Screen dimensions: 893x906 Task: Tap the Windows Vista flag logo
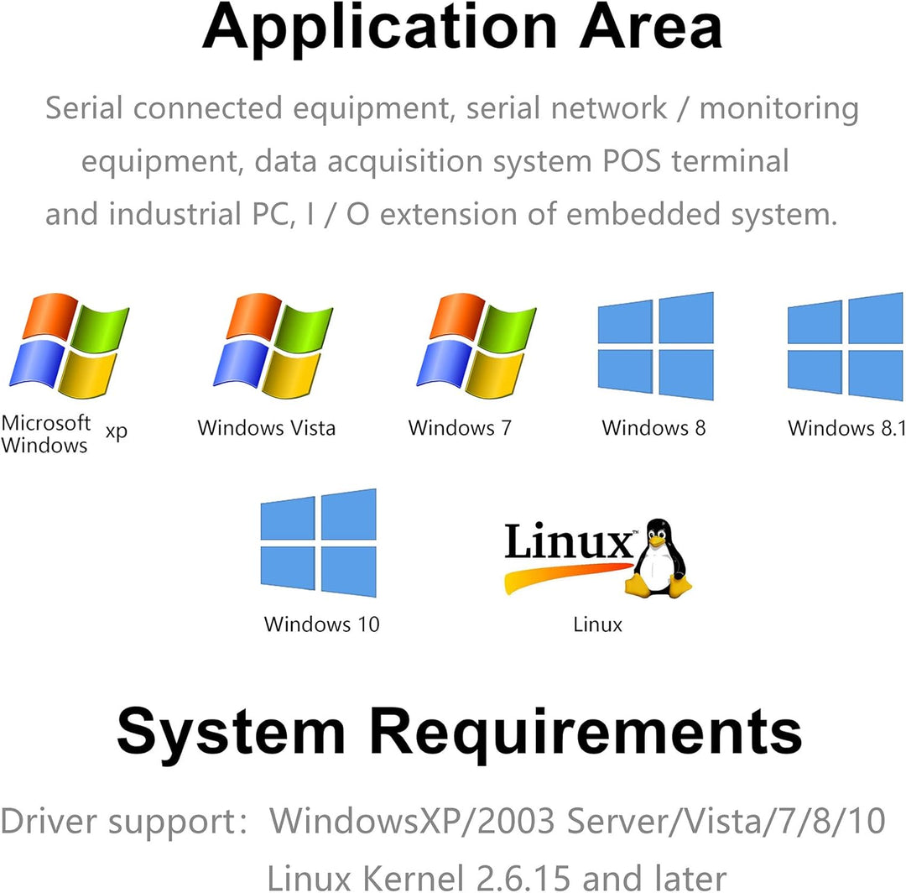(x=273, y=345)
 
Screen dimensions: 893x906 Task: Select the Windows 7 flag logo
(x=476, y=345)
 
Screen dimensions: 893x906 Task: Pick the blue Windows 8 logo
(x=655, y=346)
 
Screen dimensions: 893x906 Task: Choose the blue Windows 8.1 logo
(x=846, y=346)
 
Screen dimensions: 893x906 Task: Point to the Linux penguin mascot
(x=661, y=558)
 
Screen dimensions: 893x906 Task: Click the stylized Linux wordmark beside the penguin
(x=569, y=543)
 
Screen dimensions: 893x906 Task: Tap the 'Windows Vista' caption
(x=266, y=428)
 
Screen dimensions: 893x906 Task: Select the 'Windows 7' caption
(x=459, y=428)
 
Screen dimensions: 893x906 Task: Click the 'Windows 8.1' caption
(x=846, y=429)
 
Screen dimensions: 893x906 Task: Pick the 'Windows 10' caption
(x=321, y=624)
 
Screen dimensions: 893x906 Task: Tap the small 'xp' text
(x=117, y=431)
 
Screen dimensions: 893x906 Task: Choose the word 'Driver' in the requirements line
(x=51, y=821)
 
